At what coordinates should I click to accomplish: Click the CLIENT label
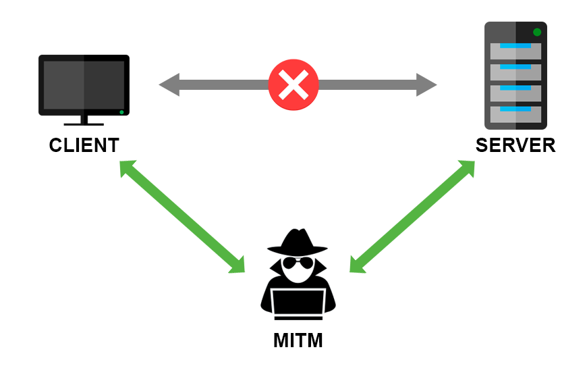click(x=84, y=145)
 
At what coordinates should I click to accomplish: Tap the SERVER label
click(x=515, y=145)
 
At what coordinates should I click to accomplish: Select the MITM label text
click(x=298, y=340)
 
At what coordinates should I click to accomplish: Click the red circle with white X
click(x=293, y=84)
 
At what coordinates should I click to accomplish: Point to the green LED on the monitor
click(x=121, y=111)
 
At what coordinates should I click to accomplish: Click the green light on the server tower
click(x=537, y=32)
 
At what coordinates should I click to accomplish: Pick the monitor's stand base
click(x=84, y=124)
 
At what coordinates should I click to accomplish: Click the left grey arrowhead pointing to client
click(x=169, y=85)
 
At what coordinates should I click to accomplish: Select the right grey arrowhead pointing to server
click(x=426, y=85)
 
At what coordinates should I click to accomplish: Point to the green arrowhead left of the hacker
click(x=237, y=265)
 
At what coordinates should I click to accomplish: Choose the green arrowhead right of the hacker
click(x=357, y=265)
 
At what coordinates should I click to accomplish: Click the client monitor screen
click(x=84, y=84)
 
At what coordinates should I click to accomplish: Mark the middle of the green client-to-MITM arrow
click(x=182, y=216)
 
